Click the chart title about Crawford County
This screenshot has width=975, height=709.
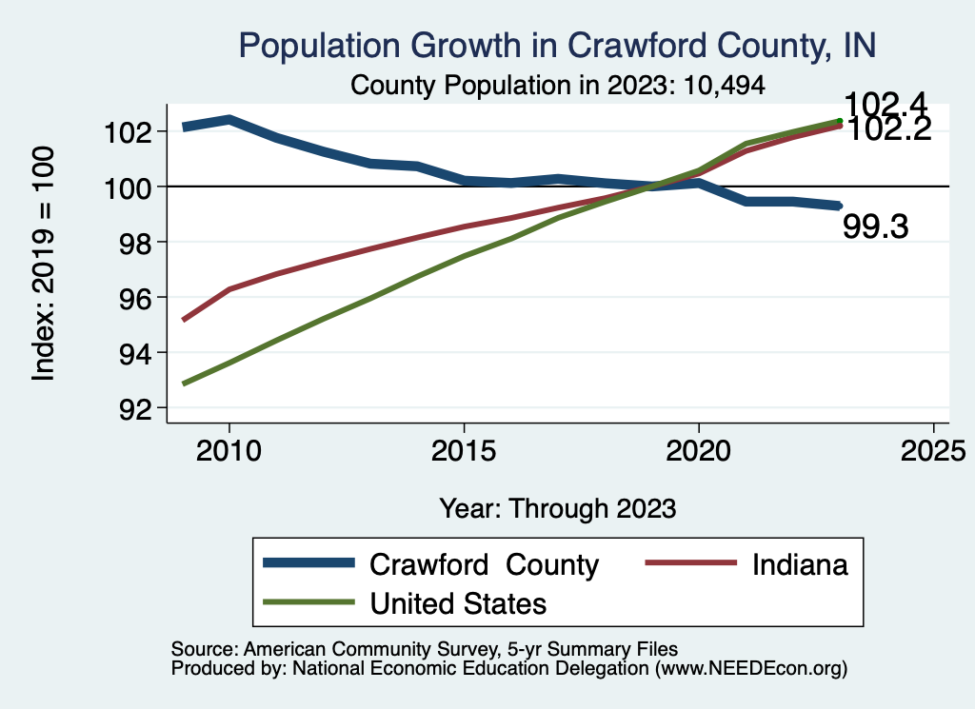[557, 45]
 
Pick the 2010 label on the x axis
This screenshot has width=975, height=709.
[229, 450]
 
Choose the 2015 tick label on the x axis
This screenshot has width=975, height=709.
[464, 450]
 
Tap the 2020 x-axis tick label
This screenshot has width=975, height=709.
[698, 450]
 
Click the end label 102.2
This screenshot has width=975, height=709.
[888, 130]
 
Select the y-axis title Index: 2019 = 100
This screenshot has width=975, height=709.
[44, 264]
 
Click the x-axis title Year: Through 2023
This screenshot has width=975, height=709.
[557, 507]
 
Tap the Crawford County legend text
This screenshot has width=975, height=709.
[484, 564]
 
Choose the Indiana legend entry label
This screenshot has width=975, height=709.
[800, 564]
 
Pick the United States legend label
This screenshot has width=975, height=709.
[458, 603]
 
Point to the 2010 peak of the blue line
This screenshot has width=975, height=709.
[229, 119]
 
